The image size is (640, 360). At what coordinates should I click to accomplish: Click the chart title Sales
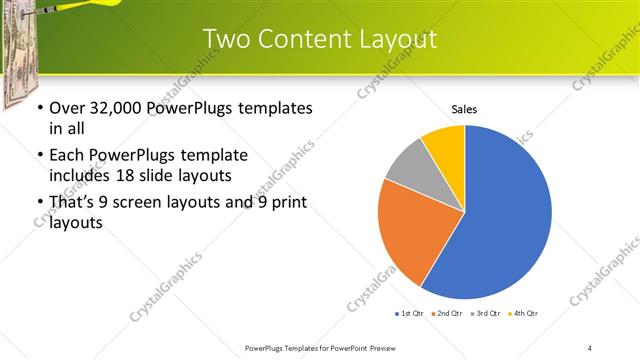point(464,109)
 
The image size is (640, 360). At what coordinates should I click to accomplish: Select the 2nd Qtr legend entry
point(448,314)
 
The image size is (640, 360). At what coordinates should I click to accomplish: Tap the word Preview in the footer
point(402,348)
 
